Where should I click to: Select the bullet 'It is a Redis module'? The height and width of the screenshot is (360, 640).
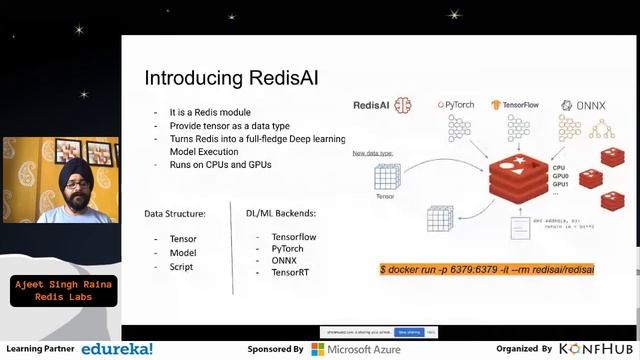tap(210, 113)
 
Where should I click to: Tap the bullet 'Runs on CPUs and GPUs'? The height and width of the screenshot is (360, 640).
tap(220, 164)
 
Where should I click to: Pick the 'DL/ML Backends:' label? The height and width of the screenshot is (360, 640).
tap(281, 213)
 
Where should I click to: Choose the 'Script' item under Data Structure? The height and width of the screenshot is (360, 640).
tap(182, 266)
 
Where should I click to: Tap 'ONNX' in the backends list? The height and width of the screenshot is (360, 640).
tap(284, 260)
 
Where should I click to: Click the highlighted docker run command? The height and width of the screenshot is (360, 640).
tap(487, 270)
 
